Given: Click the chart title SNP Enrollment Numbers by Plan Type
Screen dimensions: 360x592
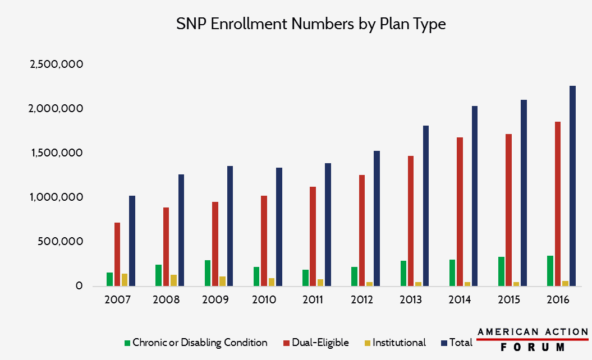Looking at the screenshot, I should pyautogui.click(x=311, y=24).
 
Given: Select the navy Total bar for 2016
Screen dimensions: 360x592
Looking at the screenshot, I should pyautogui.click(x=572, y=186).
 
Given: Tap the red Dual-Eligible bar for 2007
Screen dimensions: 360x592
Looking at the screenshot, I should pyautogui.click(x=117, y=255).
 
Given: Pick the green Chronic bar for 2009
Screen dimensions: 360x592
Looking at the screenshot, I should pyautogui.click(x=208, y=273).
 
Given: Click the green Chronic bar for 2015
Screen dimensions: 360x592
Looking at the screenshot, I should pyautogui.click(x=501, y=271).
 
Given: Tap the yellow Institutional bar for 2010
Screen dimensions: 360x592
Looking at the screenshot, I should pyautogui.click(x=271, y=282).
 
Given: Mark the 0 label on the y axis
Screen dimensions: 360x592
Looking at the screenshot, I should pyautogui.click(x=79, y=286).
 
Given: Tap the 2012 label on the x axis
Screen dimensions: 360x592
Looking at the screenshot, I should pyautogui.click(x=362, y=300).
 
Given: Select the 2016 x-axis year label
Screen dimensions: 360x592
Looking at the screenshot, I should pyautogui.click(x=557, y=300).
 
